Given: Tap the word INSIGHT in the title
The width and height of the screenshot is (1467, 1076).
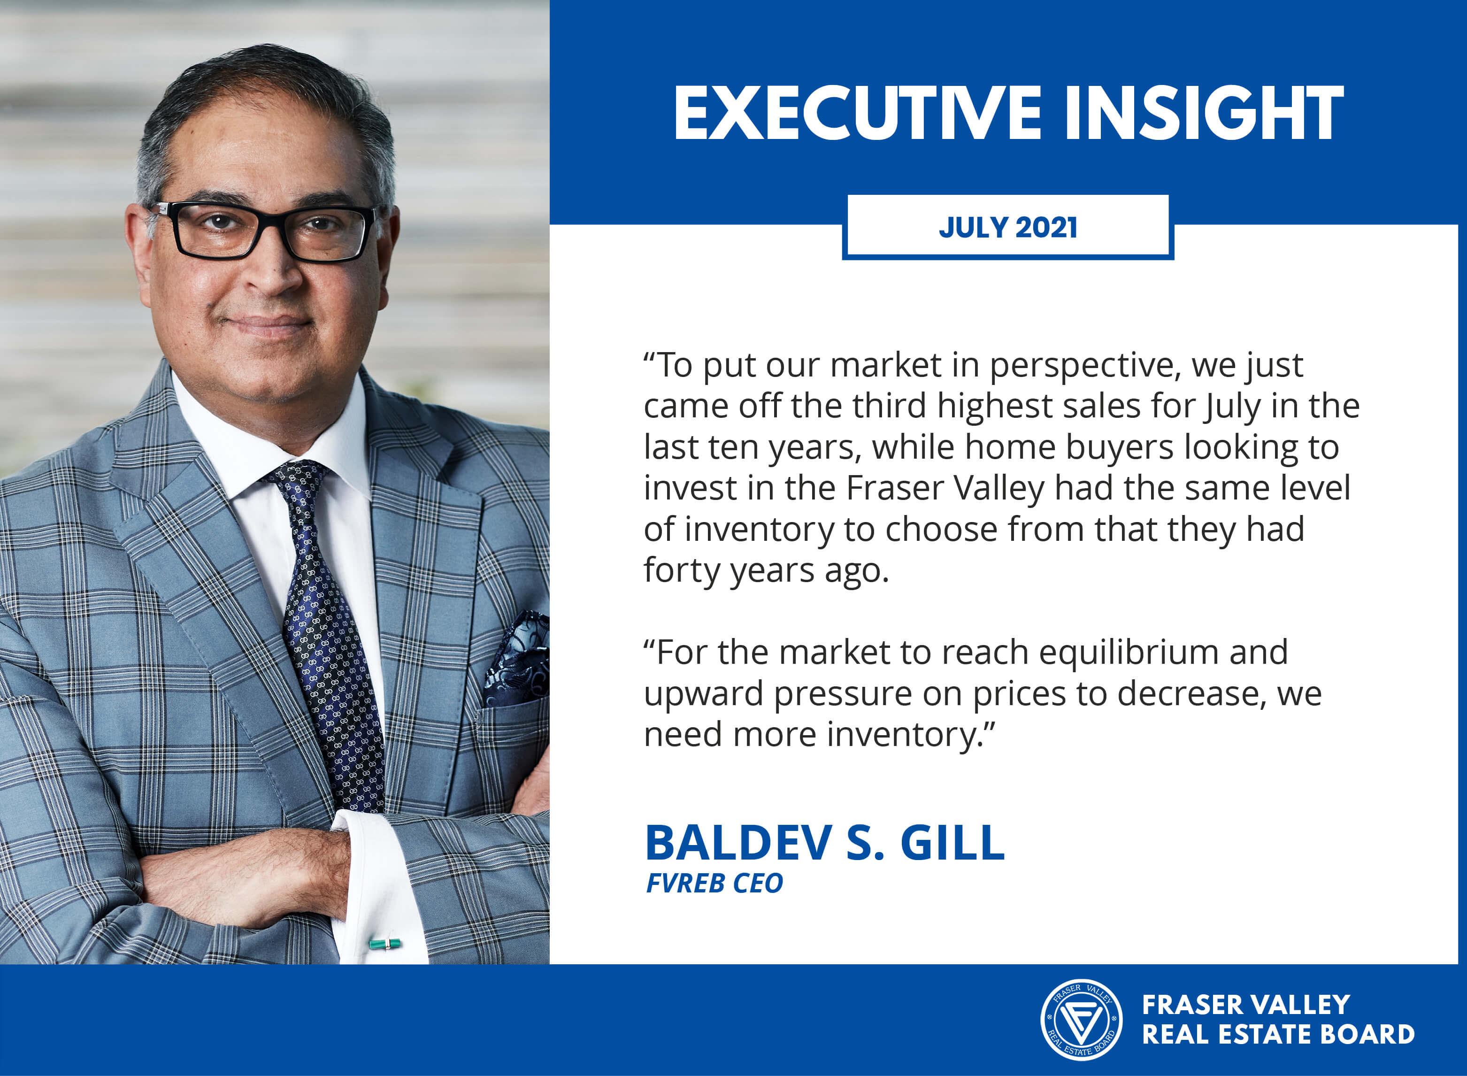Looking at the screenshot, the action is [1203, 113].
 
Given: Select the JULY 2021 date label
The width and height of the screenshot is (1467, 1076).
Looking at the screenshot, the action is [1007, 227].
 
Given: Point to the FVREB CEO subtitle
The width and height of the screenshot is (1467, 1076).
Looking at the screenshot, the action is [714, 883].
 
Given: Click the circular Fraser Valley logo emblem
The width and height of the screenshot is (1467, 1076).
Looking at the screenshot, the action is [1081, 1019].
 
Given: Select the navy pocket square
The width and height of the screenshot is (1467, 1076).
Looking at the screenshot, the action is [518, 659].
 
